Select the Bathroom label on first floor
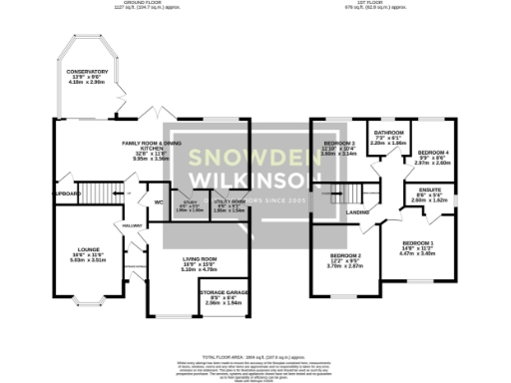(x=389, y=133)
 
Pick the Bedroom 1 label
(x=418, y=242)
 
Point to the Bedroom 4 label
(x=432, y=152)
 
